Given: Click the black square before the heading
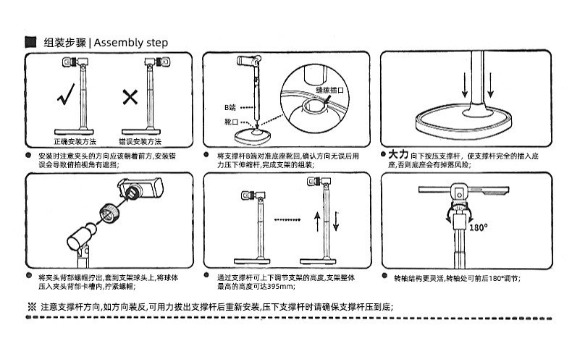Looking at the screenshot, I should tap(30, 42).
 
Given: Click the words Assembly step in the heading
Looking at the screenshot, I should tap(131, 42).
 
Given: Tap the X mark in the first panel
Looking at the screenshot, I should tap(131, 96).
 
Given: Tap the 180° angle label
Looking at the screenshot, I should tap(479, 227).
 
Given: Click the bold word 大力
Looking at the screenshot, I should tap(398, 155).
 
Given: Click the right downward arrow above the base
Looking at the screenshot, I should tap(492, 85).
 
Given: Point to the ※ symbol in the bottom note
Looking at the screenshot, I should tap(31, 306).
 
